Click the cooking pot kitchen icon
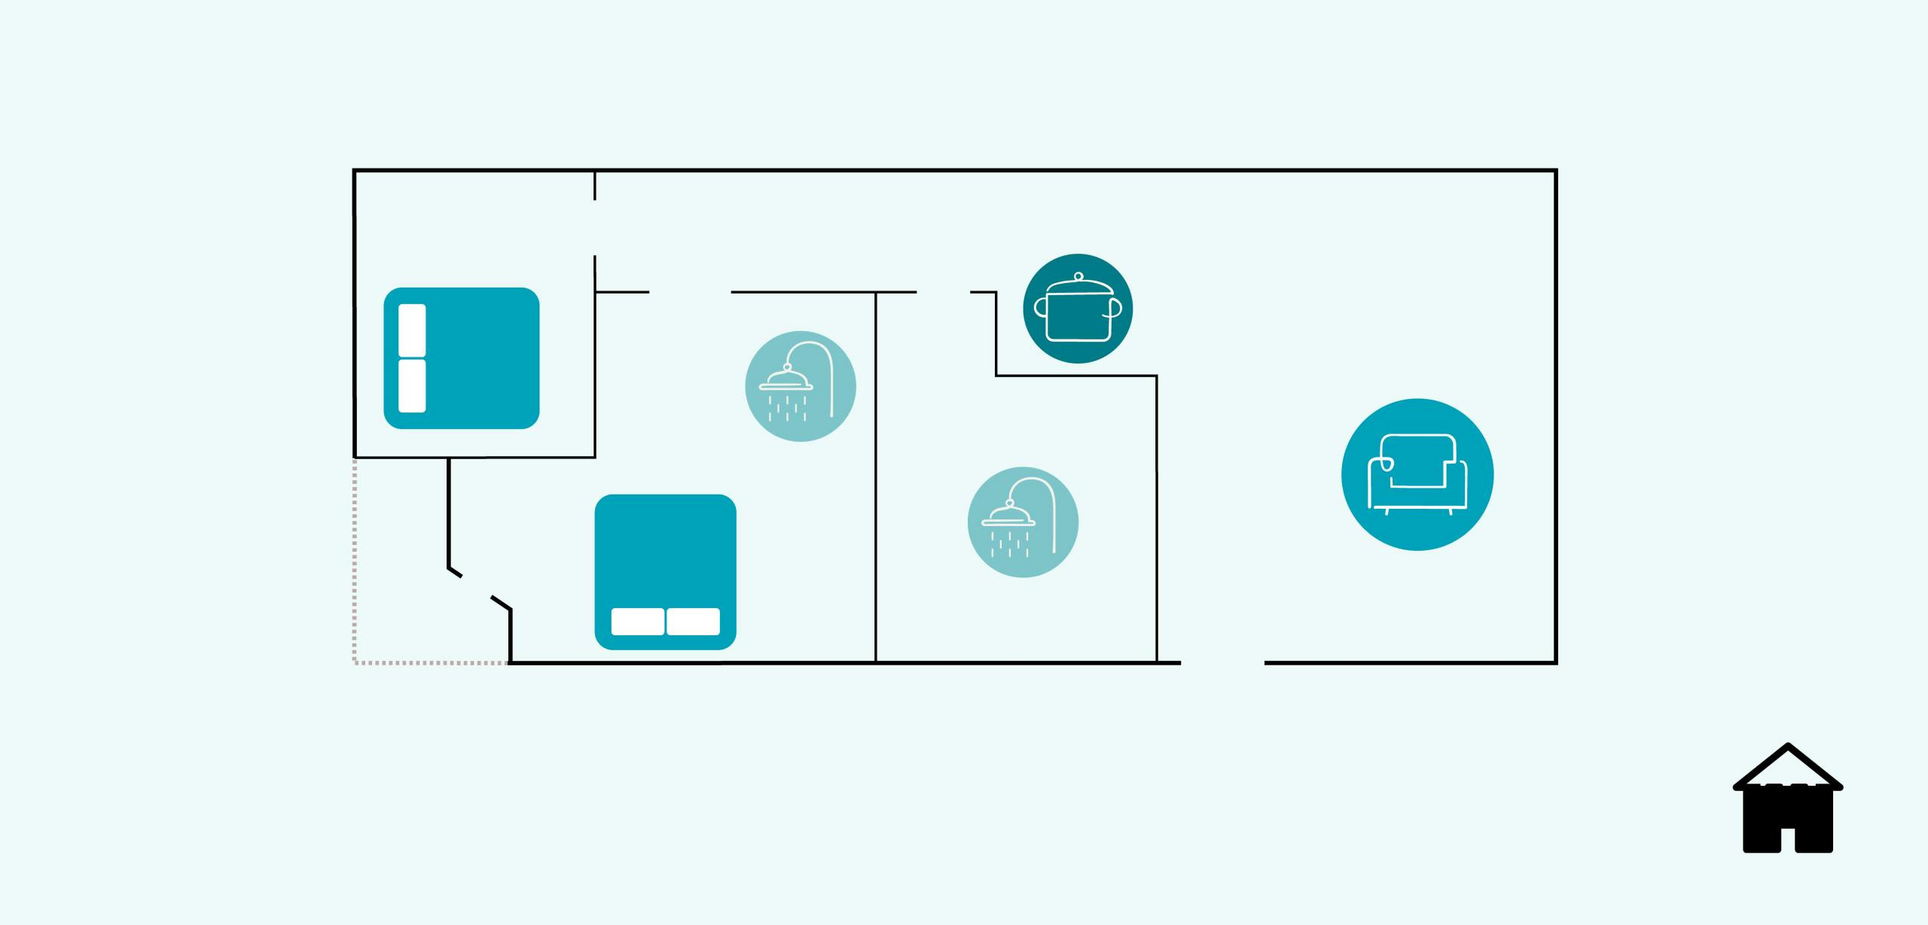point(1078,309)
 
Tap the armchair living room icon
point(1417,474)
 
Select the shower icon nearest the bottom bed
point(801,386)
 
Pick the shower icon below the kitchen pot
point(1023,522)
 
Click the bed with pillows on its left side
point(462,358)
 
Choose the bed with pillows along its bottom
point(665,571)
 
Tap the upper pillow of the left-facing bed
point(412,330)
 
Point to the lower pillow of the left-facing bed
point(412,386)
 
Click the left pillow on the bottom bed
point(637,622)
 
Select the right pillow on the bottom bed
point(694,622)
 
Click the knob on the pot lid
point(1078,276)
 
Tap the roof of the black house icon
point(1788,765)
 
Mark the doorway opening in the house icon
point(1788,837)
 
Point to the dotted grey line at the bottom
point(429,663)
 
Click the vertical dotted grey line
point(355,561)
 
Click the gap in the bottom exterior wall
point(1222,663)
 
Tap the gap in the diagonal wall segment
point(477,586)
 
